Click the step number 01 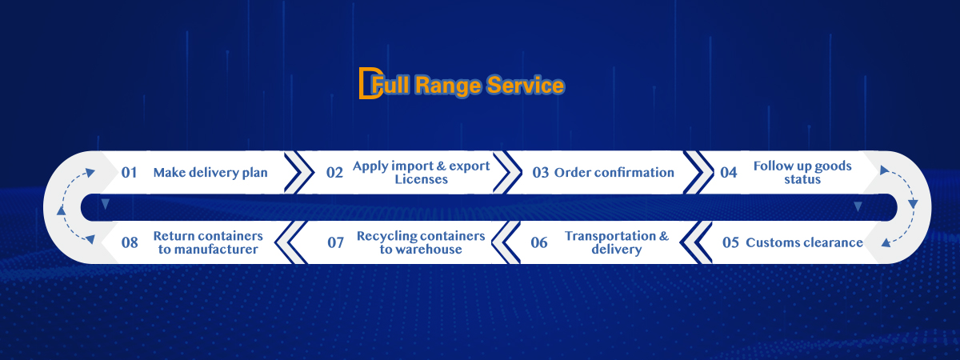(129, 173)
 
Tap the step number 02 (334, 173)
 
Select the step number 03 (541, 173)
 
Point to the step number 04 (729, 173)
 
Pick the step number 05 (730, 242)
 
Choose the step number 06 (538, 242)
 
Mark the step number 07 (335, 242)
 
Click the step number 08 (130, 242)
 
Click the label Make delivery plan (210, 173)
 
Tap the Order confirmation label (614, 173)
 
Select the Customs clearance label (805, 242)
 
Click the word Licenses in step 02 (422, 179)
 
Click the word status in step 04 (802, 179)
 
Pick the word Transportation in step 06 (610, 236)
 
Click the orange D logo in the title (370, 83)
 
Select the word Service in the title (526, 85)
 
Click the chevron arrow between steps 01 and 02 (298, 172)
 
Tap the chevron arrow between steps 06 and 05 (695, 242)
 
